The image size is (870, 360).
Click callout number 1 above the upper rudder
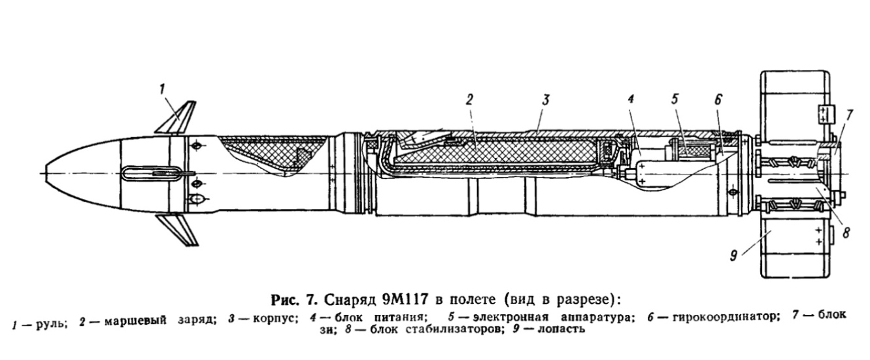coord(161,90)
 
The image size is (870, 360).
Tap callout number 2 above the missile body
coord(469,100)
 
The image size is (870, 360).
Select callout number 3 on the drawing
coord(546,100)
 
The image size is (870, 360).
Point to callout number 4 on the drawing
coord(630,99)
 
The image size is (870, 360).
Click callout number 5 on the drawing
coord(675,99)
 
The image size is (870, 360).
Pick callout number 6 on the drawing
coord(718,100)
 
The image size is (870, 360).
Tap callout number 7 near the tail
coord(849,115)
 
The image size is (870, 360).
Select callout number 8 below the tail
coord(846,233)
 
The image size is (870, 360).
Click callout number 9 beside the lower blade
coord(733,256)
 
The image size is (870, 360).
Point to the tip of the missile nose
coord(46,173)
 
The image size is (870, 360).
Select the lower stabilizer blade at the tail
coord(795,248)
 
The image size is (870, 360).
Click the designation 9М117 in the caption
coord(405,299)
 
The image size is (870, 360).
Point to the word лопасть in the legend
coord(561,329)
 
